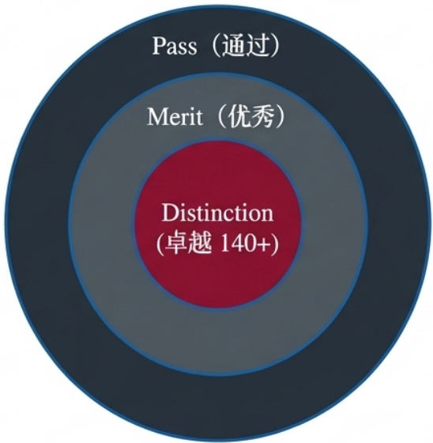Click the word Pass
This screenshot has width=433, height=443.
(x=175, y=46)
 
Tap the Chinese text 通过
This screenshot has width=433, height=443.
(x=245, y=45)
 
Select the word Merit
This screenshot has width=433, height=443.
(x=175, y=116)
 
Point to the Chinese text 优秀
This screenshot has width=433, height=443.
(x=250, y=116)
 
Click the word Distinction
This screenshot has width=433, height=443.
(x=217, y=213)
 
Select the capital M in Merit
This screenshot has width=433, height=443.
(x=157, y=116)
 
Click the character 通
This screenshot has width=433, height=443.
(x=234, y=45)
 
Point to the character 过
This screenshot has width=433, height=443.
(x=256, y=45)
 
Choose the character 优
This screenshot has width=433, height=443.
(x=239, y=116)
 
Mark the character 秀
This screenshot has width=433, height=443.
(x=262, y=116)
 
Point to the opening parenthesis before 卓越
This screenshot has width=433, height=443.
(x=160, y=244)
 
